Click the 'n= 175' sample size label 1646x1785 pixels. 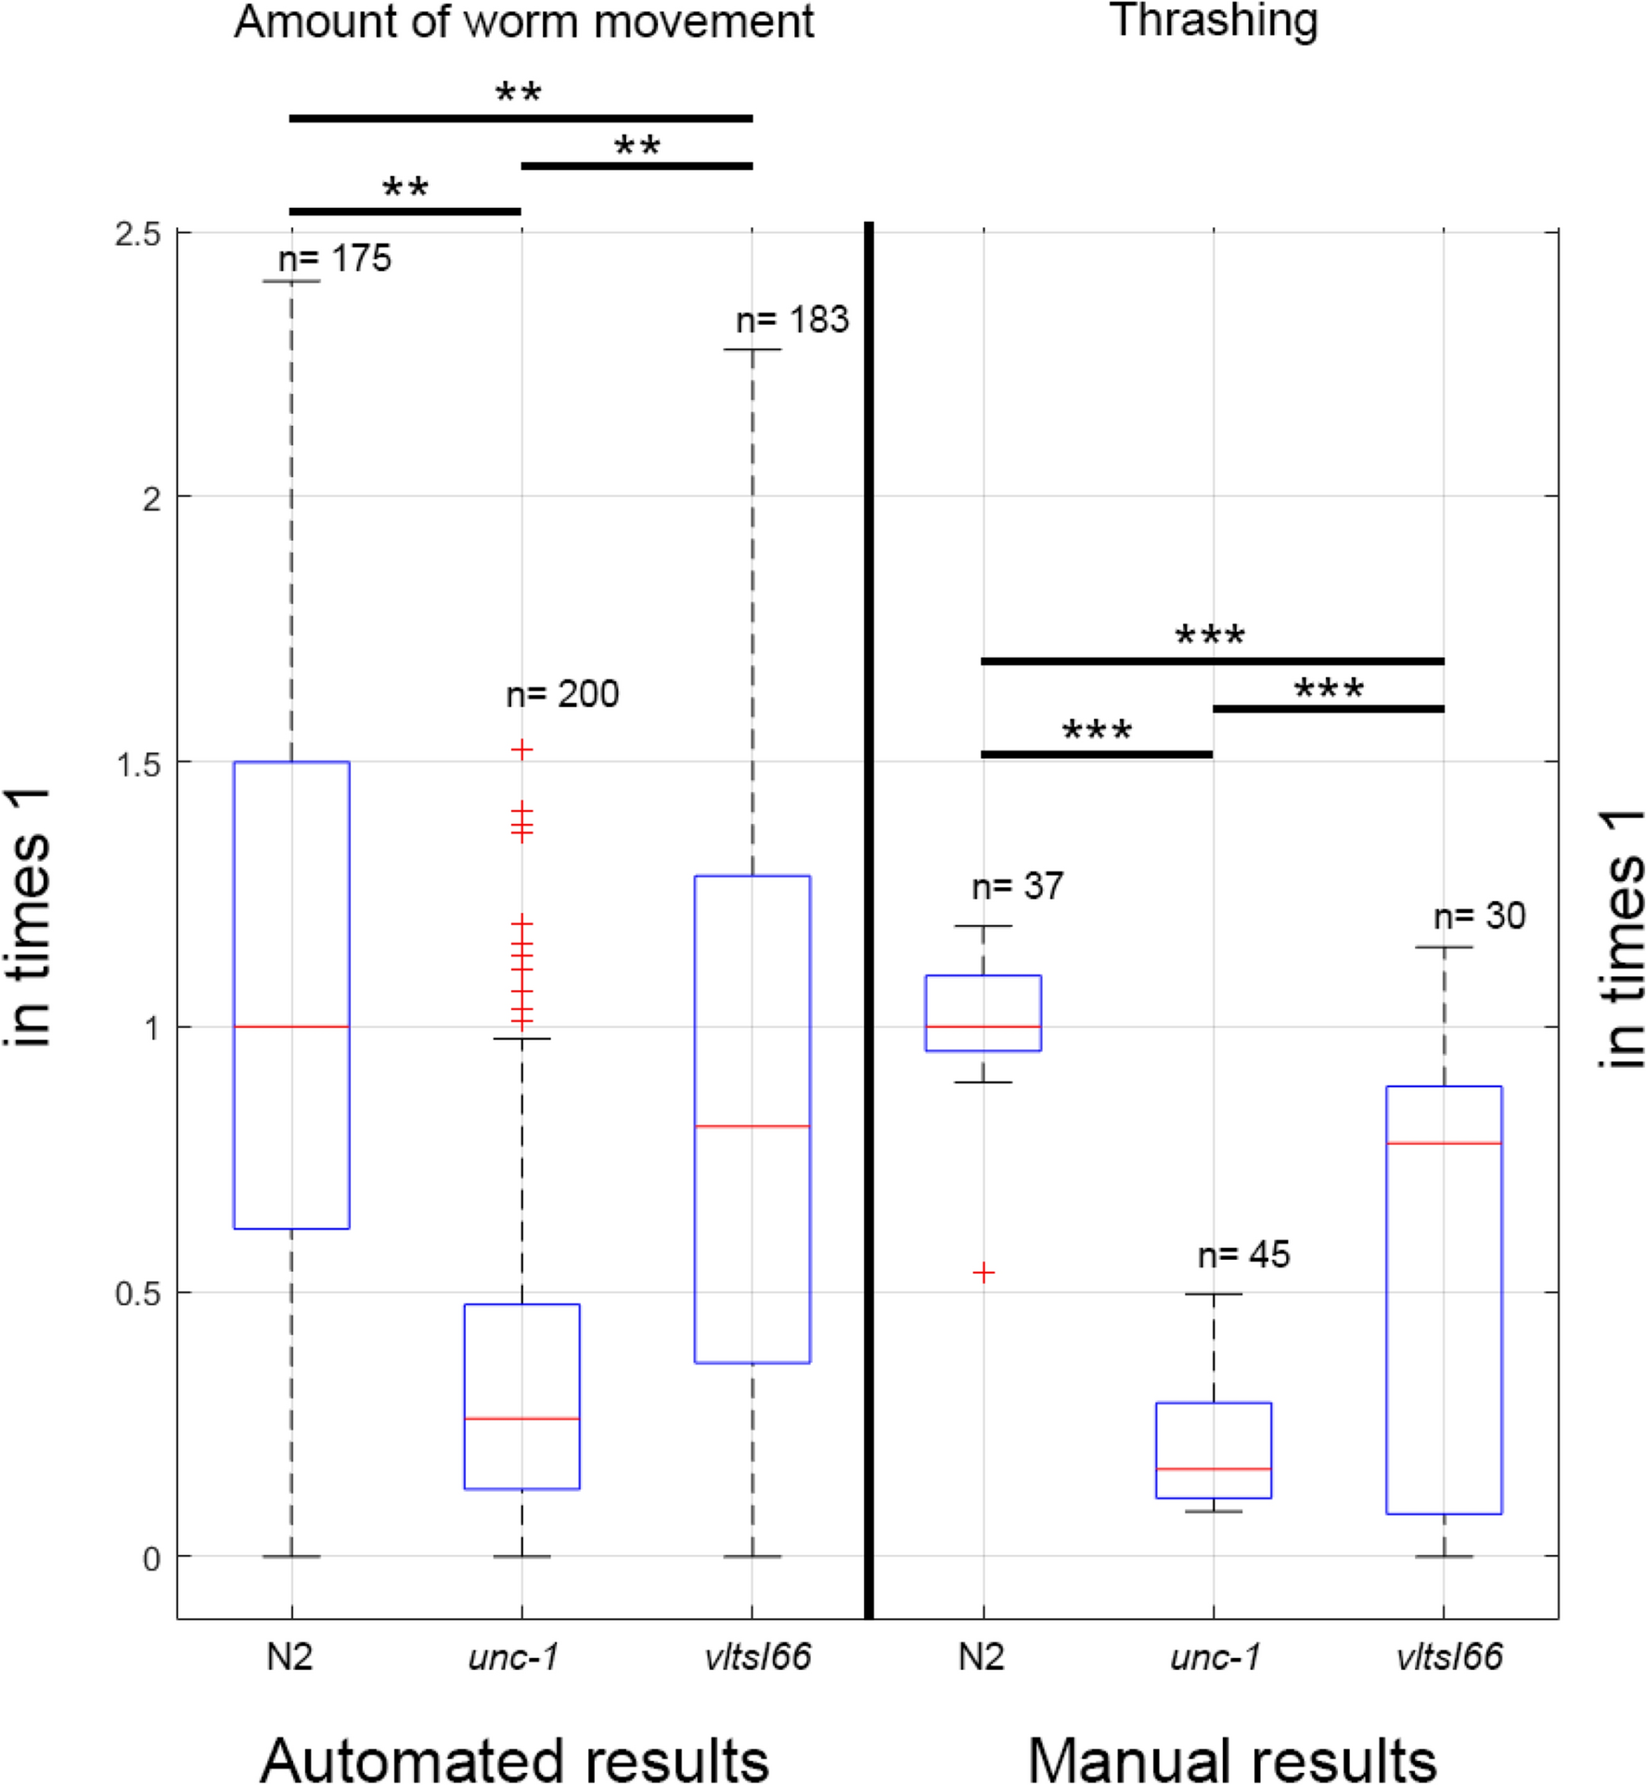pyautogui.click(x=334, y=259)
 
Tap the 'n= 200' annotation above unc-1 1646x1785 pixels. pyautogui.click(x=562, y=694)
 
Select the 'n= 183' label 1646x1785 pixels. pyautogui.click(x=791, y=320)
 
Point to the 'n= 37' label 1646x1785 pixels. pyautogui.click(x=1017, y=887)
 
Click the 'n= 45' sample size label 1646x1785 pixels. pyautogui.click(x=1243, y=1255)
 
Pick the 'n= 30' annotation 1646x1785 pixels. pyautogui.click(x=1479, y=917)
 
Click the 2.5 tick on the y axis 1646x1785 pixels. pyautogui.click(x=137, y=234)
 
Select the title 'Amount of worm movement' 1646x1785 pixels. pyautogui.click(x=523, y=22)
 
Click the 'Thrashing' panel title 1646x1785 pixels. pyautogui.click(x=1214, y=20)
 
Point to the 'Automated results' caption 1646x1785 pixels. pyautogui.click(x=514, y=1758)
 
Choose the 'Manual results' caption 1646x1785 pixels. pyautogui.click(x=1232, y=1758)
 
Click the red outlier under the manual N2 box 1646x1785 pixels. pyautogui.click(x=984, y=1273)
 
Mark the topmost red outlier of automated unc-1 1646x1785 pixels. pyautogui.click(x=522, y=750)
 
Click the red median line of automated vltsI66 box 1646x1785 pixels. pyautogui.click(x=752, y=1126)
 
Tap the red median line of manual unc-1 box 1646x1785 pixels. pyautogui.click(x=1214, y=1469)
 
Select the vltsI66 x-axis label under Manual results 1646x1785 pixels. pyautogui.click(x=1448, y=1657)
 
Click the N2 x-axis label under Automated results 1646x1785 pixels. pyautogui.click(x=289, y=1657)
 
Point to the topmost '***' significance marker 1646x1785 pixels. pyautogui.click(x=1210, y=636)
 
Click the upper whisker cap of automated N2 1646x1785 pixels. pyautogui.click(x=291, y=281)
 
